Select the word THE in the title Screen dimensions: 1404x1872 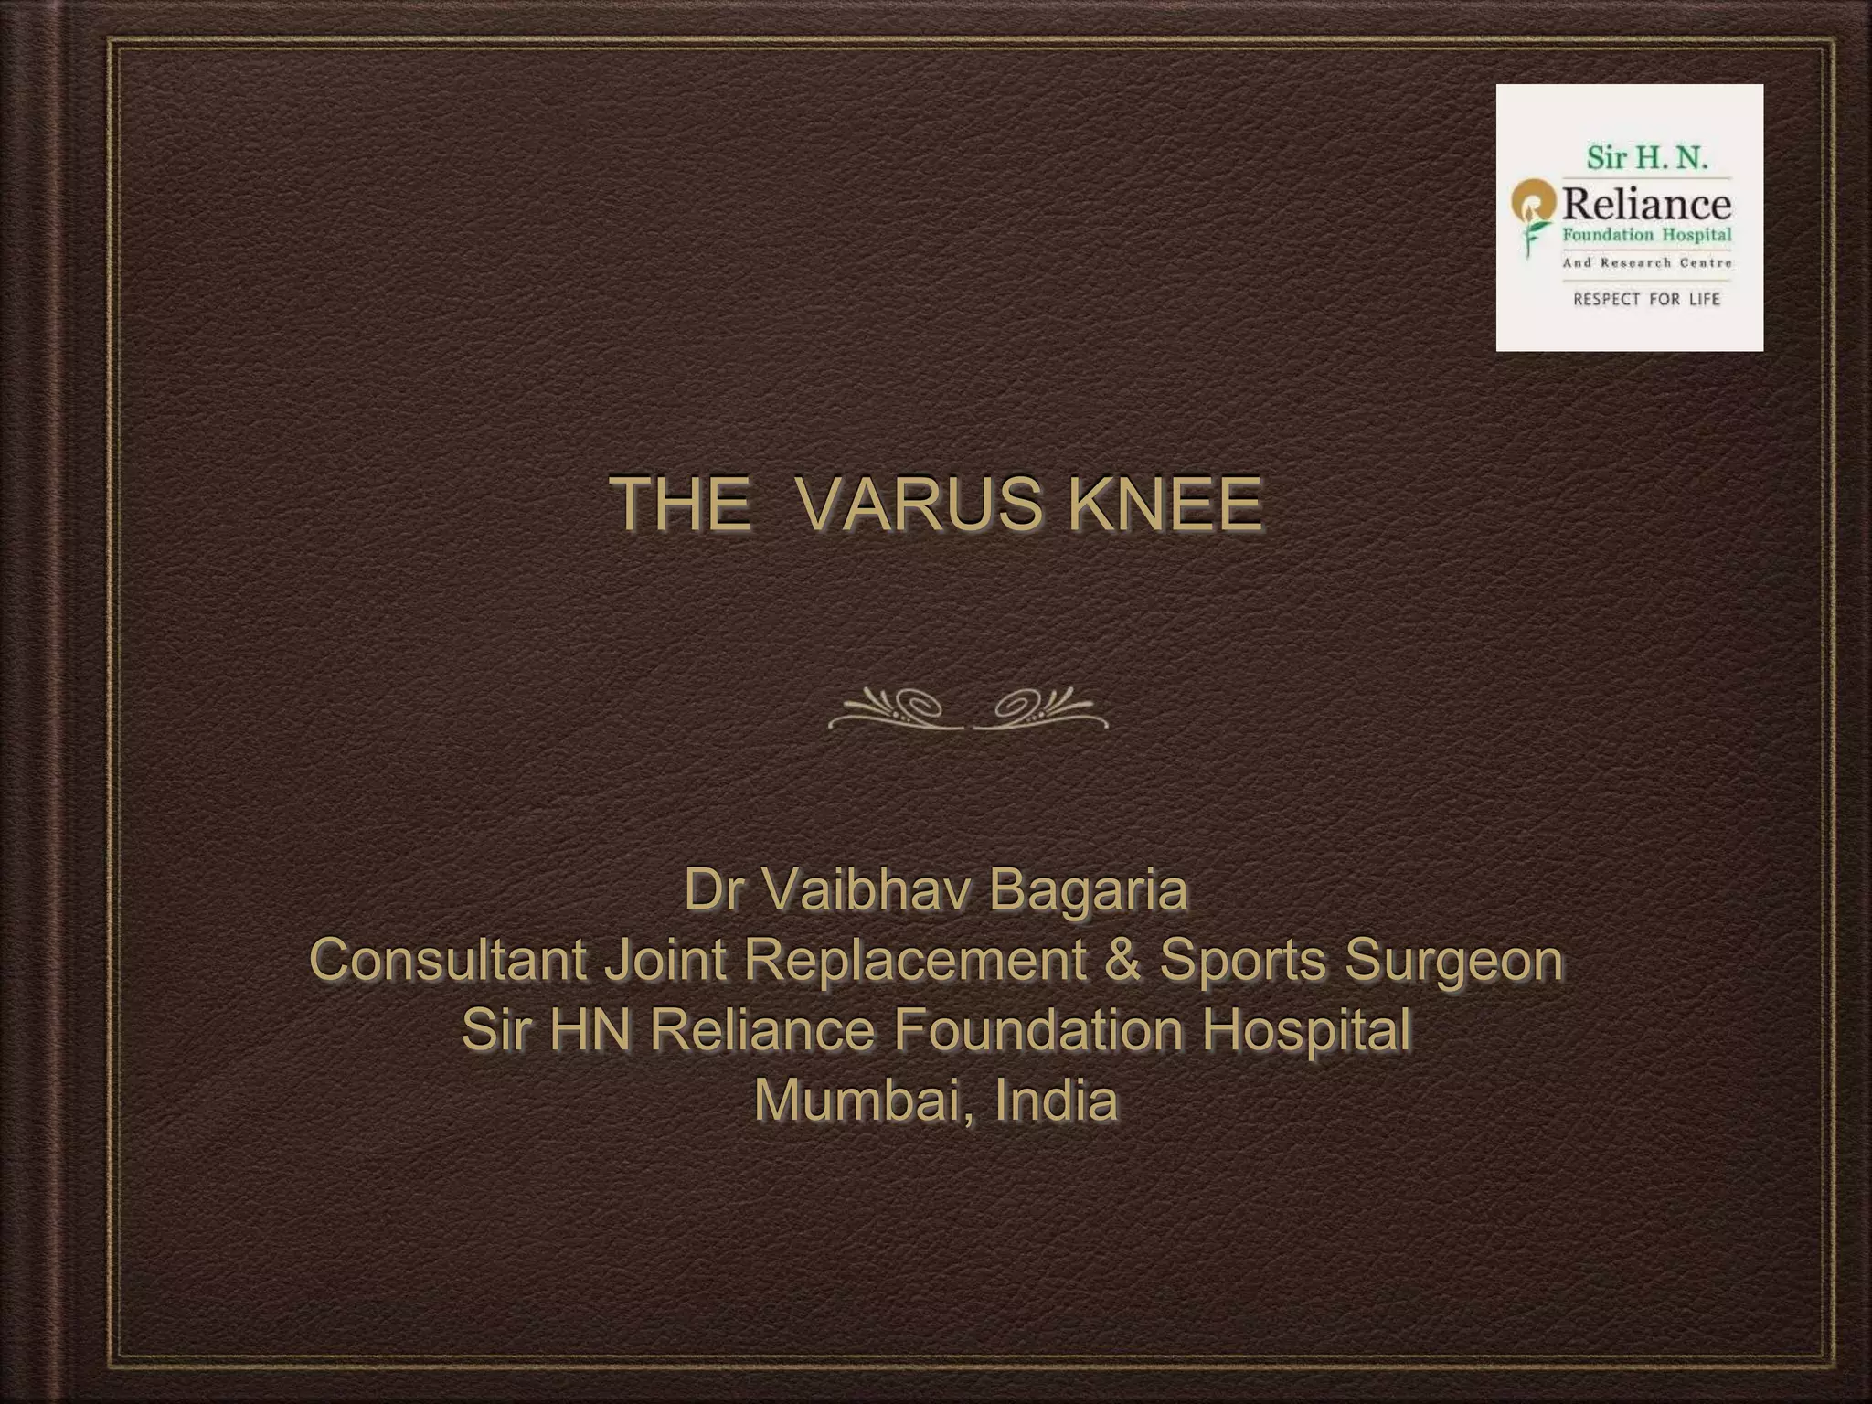(x=680, y=504)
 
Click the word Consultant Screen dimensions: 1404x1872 (x=448, y=961)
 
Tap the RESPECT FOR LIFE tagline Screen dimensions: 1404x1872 (x=1646, y=299)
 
